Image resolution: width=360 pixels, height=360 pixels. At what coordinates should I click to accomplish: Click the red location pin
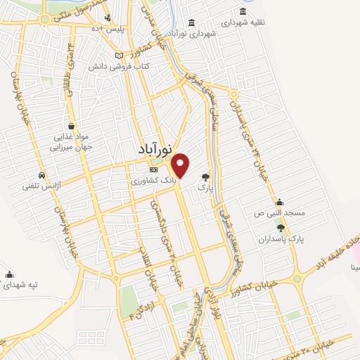(x=181, y=165)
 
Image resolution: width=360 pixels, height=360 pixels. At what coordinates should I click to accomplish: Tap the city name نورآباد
(x=155, y=150)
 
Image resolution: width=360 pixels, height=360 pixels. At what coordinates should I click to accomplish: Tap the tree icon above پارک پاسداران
(x=281, y=227)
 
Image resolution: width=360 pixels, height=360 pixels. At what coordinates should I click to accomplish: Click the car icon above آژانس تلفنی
(x=43, y=175)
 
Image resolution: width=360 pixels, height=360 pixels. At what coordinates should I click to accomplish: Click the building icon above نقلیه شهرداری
(x=243, y=11)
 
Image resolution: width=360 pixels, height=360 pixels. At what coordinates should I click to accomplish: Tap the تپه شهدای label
(x=24, y=285)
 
